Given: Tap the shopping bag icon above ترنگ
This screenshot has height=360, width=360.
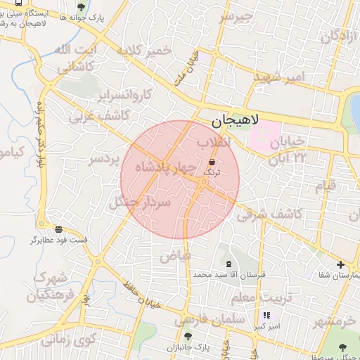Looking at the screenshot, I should click(x=212, y=161).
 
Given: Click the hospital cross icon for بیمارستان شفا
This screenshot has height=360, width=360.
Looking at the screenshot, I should click(x=341, y=265).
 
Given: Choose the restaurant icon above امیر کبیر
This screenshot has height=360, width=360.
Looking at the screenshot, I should click(x=266, y=316).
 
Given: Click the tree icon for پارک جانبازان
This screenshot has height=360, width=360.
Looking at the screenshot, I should click(x=187, y=337).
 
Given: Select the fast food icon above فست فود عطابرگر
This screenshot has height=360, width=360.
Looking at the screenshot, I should click(x=59, y=229).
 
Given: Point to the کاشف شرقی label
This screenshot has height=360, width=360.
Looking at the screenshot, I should click(x=269, y=213).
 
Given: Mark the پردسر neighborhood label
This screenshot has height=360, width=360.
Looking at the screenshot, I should click(x=101, y=160).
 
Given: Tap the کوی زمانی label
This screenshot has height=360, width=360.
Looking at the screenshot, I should click(x=67, y=340).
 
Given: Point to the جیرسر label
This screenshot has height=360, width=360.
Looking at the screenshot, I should click(x=235, y=18).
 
